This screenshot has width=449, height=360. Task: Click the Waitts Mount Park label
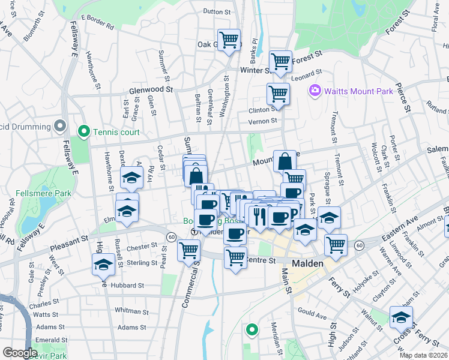(x=359, y=91)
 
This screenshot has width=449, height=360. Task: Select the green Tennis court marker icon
(x=83, y=131)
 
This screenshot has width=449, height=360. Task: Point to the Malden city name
(x=308, y=263)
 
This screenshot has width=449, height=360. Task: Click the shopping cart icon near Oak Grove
(x=229, y=40)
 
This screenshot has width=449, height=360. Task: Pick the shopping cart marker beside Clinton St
(x=278, y=94)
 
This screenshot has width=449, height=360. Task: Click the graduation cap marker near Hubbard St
(x=104, y=264)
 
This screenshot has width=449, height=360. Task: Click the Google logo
(x=20, y=353)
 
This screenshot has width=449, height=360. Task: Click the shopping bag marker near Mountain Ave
(x=285, y=161)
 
